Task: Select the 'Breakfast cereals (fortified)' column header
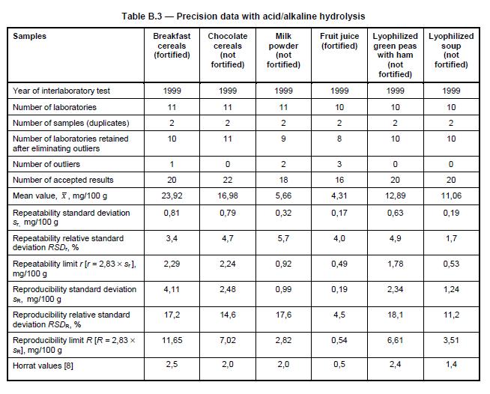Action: coord(171,46)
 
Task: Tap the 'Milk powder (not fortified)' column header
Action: coord(283,50)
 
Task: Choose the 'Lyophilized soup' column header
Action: coord(451,50)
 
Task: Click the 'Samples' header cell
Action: coord(29,36)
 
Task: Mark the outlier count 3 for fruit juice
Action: coord(339,163)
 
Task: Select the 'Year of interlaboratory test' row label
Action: coord(61,91)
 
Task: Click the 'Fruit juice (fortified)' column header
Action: coord(339,41)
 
